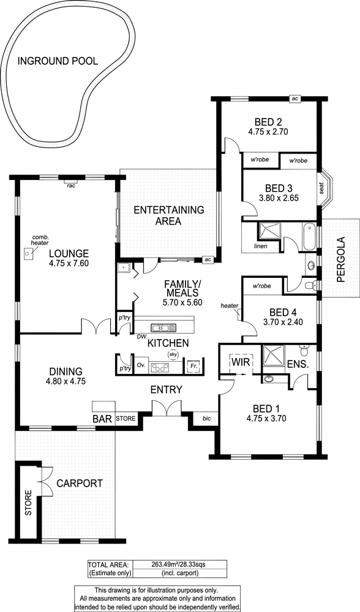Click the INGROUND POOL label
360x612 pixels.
pyautogui.click(x=58, y=61)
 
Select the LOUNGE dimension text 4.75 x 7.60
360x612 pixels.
pyautogui.click(x=69, y=263)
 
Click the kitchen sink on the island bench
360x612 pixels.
pyautogui.click(x=164, y=327)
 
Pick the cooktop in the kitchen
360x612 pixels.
pyautogui.click(x=160, y=367)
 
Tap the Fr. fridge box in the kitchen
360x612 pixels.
pyautogui.click(x=192, y=367)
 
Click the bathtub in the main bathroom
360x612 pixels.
pyautogui.click(x=309, y=236)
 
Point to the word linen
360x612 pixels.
pyautogui.click(x=260, y=246)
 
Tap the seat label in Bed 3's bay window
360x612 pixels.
pyautogui.click(x=322, y=188)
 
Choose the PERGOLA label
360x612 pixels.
pyautogui.click(x=341, y=259)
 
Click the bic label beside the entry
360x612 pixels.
pyautogui.click(x=206, y=419)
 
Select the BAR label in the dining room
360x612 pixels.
pyautogui.click(x=103, y=419)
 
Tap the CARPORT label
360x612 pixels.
pyautogui.click(x=80, y=483)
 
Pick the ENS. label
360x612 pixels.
pyautogui.click(x=298, y=364)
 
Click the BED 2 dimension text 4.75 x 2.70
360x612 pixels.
pyautogui.click(x=268, y=132)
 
